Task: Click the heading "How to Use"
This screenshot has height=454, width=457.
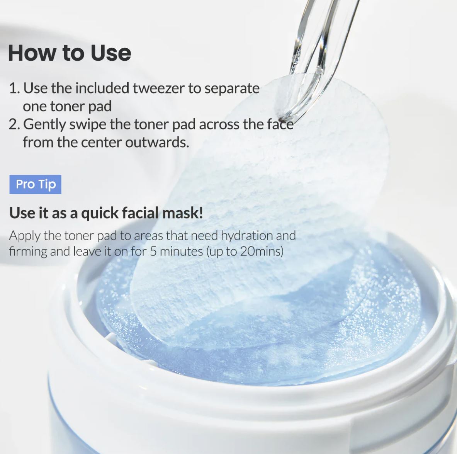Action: (70, 53)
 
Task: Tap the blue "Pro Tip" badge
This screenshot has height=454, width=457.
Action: (35, 184)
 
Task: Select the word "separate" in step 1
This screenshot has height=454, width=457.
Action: (232, 88)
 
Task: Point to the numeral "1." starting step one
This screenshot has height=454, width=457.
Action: (14, 88)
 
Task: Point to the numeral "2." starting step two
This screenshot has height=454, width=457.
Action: (14, 124)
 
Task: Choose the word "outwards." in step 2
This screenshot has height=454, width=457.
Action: (157, 142)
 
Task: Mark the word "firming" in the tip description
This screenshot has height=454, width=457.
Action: (28, 252)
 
